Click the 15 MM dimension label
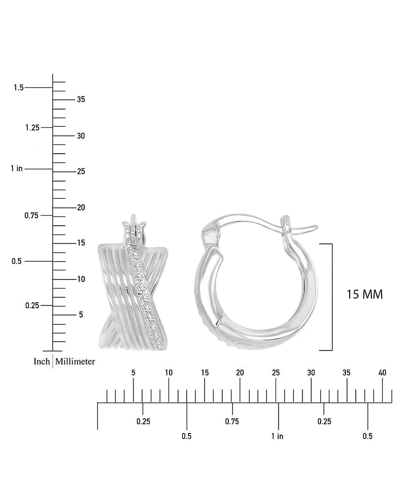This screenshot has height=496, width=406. click(x=364, y=294)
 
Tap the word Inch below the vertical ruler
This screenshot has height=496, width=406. click(x=42, y=362)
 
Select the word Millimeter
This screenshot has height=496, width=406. click(x=75, y=362)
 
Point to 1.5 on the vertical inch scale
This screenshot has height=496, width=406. click(x=19, y=88)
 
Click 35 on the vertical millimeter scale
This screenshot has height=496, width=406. click(x=81, y=99)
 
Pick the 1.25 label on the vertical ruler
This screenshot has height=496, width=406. click(x=32, y=127)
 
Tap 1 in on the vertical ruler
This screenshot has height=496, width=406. click(x=17, y=168)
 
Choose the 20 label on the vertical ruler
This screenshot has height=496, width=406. click(x=81, y=207)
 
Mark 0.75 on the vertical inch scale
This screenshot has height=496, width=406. click(x=32, y=216)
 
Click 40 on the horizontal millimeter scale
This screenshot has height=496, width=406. click(x=383, y=373)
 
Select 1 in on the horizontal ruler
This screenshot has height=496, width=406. click(x=277, y=436)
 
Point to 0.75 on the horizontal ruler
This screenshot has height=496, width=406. click(x=232, y=421)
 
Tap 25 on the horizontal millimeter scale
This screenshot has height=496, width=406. click(x=276, y=373)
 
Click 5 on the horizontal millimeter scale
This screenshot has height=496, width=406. click(x=133, y=373)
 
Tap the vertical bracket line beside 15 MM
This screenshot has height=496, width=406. click(x=332, y=297)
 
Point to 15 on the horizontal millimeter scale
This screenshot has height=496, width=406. click(x=205, y=373)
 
